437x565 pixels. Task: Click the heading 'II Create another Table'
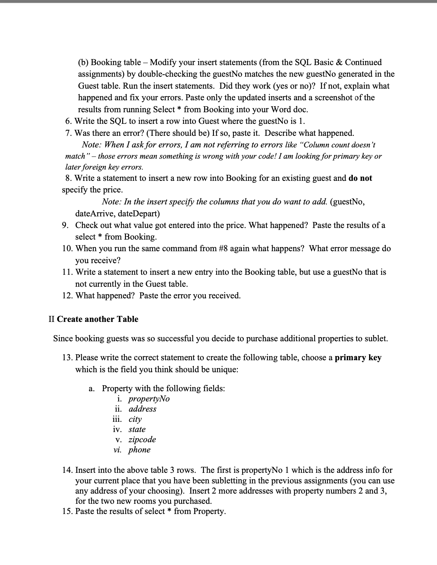[x=93, y=319]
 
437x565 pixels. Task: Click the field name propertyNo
[x=149, y=399]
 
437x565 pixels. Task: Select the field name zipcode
[x=142, y=439]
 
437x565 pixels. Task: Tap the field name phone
[x=139, y=450]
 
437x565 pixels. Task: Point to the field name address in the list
[x=142, y=409]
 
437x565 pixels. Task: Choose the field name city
[x=135, y=419]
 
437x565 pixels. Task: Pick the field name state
[x=137, y=429]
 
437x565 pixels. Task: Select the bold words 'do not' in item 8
[x=360, y=178]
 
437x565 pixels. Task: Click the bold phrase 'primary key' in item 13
[x=358, y=357]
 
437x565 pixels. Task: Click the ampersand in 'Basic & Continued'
[x=339, y=62]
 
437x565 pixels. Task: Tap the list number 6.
[x=69, y=121]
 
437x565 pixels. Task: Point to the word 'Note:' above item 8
[x=92, y=145]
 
